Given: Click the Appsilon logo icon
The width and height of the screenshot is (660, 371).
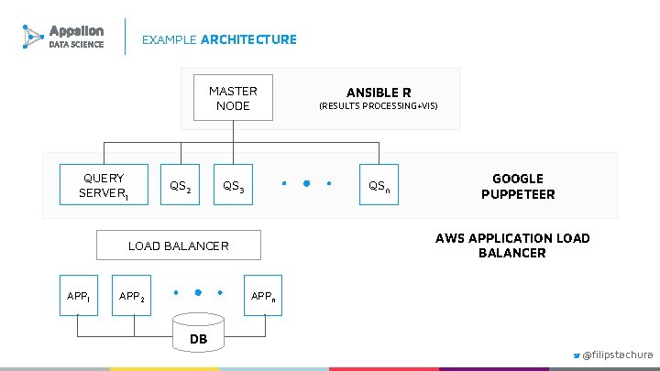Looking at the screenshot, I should click(x=33, y=37).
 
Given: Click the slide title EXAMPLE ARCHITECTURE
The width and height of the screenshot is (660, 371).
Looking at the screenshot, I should click(x=219, y=39).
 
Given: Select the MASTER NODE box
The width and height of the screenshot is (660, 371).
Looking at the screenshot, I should click(x=233, y=98).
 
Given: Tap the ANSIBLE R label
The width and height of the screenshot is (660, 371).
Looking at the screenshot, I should click(x=378, y=93).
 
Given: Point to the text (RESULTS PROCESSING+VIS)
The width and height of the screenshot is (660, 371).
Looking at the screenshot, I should click(x=378, y=106).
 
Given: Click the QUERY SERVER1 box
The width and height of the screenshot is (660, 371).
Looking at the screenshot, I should click(x=104, y=186).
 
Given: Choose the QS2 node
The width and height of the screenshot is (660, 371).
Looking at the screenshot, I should click(x=181, y=187).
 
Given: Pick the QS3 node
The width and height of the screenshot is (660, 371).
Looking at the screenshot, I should click(x=233, y=187).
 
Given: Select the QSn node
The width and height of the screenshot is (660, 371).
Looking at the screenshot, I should click(x=379, y=187).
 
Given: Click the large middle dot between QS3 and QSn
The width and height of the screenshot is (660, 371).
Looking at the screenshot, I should click(x=306, y=183).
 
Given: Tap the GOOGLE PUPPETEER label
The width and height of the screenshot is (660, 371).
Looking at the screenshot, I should click(x=518, y=186).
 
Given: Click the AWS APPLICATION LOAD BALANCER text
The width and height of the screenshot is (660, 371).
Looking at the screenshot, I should click(x=512, y=246).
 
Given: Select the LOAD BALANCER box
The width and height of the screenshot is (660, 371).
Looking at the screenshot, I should click(x=179, y=246).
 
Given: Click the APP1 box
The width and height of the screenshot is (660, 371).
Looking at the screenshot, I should click(x=79, y=296).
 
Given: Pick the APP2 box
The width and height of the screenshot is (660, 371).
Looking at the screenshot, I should click(x=131, y=296).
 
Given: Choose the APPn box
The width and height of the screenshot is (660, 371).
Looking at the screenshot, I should click(x=263, y=296).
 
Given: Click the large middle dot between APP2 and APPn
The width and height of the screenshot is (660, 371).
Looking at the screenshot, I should click(x=197, y=293).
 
